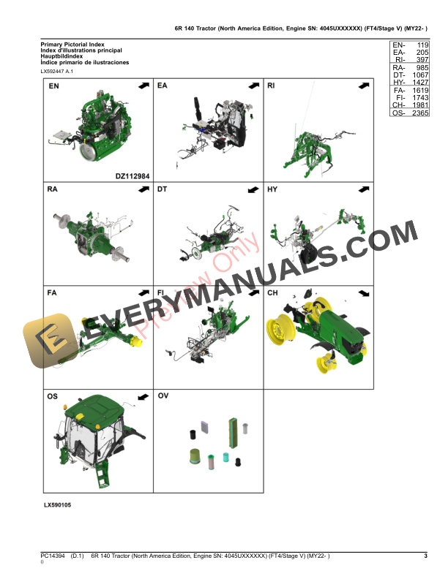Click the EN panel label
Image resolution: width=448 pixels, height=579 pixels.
pyautogui.click(x=53, y=86)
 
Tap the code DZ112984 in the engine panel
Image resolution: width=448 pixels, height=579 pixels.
pyautogui.click(x=132, y=175)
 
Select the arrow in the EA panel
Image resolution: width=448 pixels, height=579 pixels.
pyautogui.click(x=253, y=86)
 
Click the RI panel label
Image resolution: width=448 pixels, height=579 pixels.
pyautogui.click(x=271, y=86)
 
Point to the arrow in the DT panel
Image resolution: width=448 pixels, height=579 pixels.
pyautogui.click(x=253, y=189)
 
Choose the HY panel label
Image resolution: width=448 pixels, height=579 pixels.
pyautogui.click(x=272, y=189)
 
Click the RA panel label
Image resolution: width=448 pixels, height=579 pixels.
pyautogui.click(x=53, y=189)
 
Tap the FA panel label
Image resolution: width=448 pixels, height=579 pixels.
pyautogui.click(x=53, y=292)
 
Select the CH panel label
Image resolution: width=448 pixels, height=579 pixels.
pyautogui.click(x=272, y=292)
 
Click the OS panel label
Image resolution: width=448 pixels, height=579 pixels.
pyautogui.click(x=53, y=396)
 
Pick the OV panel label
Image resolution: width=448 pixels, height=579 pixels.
pyautogui.click(x=163, y=396)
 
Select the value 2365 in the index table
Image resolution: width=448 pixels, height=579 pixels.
pyautogui.click(x=419, y=113)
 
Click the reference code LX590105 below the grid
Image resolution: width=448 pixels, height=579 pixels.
pyautogui.click(x=58, y=505)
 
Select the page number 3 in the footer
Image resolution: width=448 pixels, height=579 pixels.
pyautogui.click(x=425, y=557)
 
